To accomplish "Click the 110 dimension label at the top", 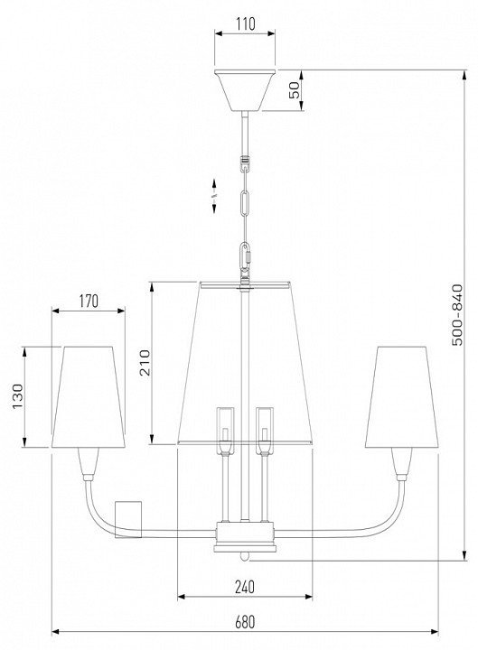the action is pyautogui.click(x=246, y=24).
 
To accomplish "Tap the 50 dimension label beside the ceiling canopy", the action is pyautogui.click(x=294, y=90).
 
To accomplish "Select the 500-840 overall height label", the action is pyautogui.click(x=457, y=315).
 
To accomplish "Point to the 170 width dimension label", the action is pyautogui.click(x=89, y=302).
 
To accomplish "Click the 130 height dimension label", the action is pyautogui.click(x=17, y=396).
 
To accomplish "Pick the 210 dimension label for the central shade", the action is pyautogui.click(x=145, y=362).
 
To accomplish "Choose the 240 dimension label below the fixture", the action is pyautogui.click(x=245, y=587).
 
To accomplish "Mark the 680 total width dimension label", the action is pyautogui.click(x=245, y=622).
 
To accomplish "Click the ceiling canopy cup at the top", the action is pyautogui.click(x=245, y=90).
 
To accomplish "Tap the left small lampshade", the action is pyautogui.click(x=89, y=396).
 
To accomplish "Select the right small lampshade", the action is pyautogui.click(x=402, y=396).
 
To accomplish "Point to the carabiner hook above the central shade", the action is pyautogui.click(x=245, y=257).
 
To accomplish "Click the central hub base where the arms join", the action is pyautogui.click(x=245, y=537).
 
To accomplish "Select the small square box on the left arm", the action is pyautogui.click(x=128, y=519).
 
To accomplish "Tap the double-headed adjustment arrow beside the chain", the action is pyautogui.click(x=214, y=196).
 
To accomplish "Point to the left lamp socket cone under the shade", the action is pyautogui.click(x=89, y=463).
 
